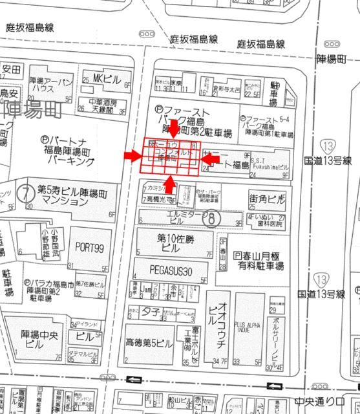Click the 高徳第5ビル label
click(x=149, y=343)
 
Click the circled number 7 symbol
click(x=25, y=193)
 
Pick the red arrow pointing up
click(x=169, y=185)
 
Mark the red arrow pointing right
click(x=133, y=156)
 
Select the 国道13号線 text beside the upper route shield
click(x=328, y=160)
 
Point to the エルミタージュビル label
click(x=185, y=216)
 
